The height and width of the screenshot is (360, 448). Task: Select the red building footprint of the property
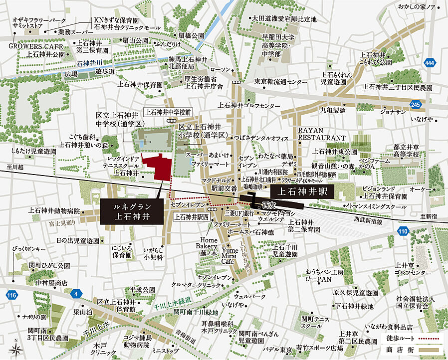pos(159,168)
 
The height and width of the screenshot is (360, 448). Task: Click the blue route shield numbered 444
pos(430,63)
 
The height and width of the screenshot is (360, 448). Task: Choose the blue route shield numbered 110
pos(403,231)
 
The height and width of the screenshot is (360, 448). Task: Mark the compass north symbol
pos(16,347)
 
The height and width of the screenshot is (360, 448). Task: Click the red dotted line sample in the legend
pos(430,340)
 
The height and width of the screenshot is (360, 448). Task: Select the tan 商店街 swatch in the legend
pos(430,350)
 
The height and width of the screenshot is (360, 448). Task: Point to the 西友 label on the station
pos(269,205)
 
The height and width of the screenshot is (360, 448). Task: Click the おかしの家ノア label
pos(417,7)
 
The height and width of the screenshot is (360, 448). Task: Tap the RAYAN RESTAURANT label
pos(322,134)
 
